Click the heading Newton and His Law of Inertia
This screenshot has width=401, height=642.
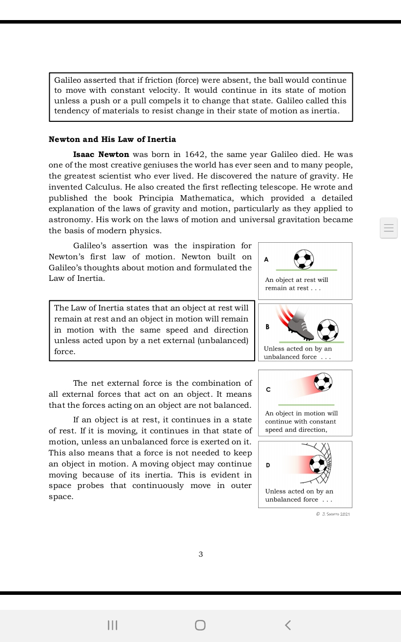[112, 139]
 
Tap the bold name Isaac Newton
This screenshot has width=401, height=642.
[101, 154]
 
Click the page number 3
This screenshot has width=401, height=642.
[200, 554]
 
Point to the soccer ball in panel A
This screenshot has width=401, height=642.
[304, 259]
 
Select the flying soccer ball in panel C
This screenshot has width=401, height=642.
[323, 382]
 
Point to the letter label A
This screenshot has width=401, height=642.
[266, 259]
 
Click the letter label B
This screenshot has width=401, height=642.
[267, 327]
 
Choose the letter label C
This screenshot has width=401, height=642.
[268, 389]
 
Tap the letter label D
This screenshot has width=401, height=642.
[268, 465]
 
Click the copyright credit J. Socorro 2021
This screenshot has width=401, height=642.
[333, 514]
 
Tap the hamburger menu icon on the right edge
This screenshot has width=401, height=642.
[388, 228]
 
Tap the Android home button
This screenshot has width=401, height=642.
[200, 625]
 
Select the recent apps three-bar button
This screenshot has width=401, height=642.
[113, 625]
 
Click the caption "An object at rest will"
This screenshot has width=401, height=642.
[296, 280]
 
